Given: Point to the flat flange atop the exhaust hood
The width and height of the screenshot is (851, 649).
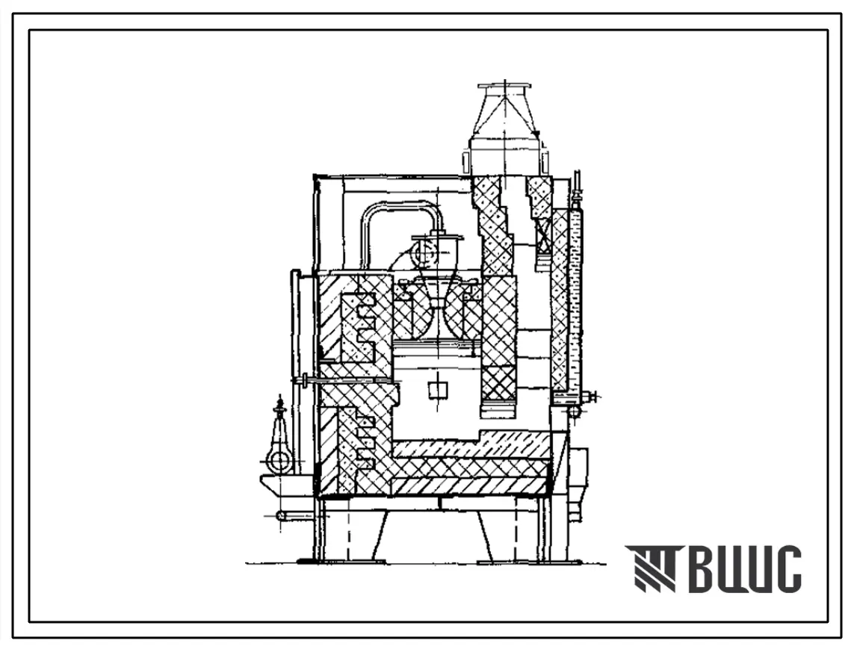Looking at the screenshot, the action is [504, 87].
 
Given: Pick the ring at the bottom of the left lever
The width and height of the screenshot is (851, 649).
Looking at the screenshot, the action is [280, 462].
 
